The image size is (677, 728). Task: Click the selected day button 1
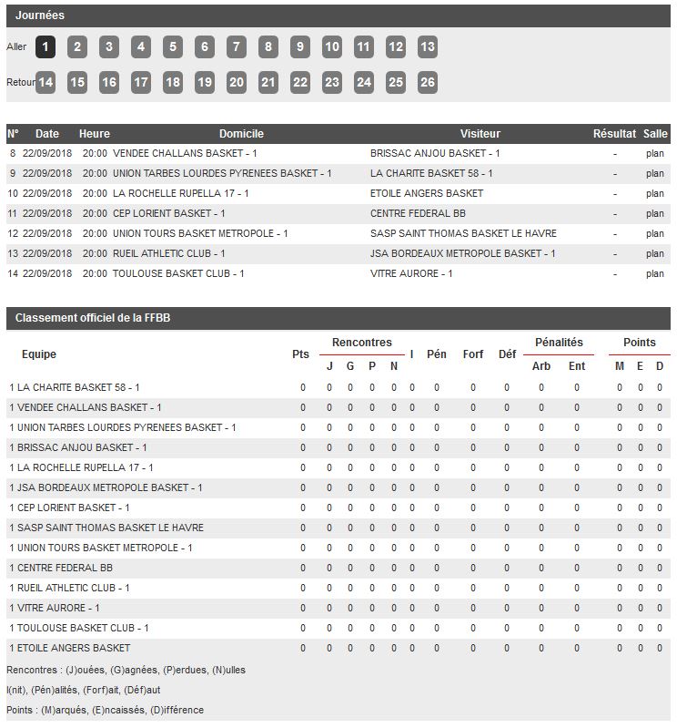pos(45,47)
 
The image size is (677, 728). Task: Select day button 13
pos(428,47)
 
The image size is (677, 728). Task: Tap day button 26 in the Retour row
pos(428,83)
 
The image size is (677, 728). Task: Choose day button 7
pos(237,47)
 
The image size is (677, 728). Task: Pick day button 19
pos(205,83)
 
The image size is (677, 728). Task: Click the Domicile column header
pos(241,134)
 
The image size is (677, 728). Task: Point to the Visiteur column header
pos(480,134)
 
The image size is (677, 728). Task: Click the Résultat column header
pos(614,134)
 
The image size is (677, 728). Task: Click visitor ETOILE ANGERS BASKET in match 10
pos(427,194)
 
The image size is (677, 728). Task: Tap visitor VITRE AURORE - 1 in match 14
pos(411,274)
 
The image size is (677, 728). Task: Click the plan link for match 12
pos(655,234)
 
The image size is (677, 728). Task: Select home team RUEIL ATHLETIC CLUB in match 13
pos(168,254)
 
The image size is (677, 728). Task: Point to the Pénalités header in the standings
pos(559,343)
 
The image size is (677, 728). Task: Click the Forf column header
pos(473,354)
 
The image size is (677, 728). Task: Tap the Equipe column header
pos(39,354)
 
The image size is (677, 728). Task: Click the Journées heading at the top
pos(40,15)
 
